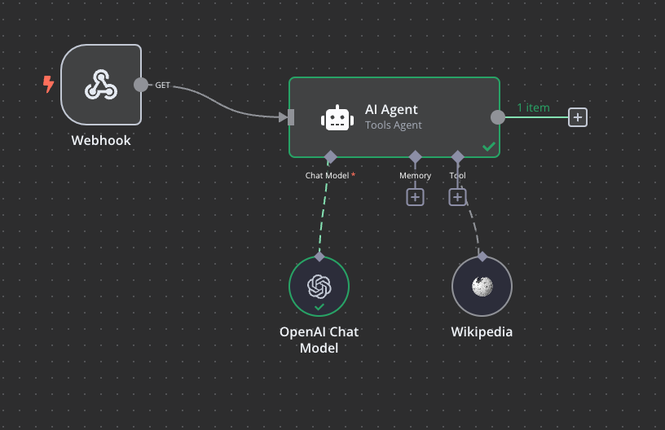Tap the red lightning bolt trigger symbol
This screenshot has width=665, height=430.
click(x=48, y=84)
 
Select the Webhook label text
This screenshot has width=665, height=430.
click(x=101, y=140)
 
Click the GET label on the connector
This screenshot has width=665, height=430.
click(x=163, y=85)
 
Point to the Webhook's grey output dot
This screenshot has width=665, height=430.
click(x=141, y=84)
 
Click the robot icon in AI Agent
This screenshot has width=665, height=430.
click(x=337, y=117)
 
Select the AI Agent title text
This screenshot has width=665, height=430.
click(x=391, y=110)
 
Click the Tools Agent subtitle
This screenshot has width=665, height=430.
click(x=394, y=125)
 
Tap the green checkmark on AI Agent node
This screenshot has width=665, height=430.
click(x=488, y=147)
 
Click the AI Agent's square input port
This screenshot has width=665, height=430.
click(x=291, y=117)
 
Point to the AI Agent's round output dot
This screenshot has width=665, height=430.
click(x=497, y=117)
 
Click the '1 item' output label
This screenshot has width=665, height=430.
click(x=533, y=107)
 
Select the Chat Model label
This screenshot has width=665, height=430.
click(x=327, y=175)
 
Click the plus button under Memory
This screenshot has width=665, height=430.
click(x=415, y=196)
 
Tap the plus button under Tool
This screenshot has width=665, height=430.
click(x=457, y=196)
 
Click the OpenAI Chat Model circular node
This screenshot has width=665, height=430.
click(x=319, y=286)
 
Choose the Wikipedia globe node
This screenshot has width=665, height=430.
click(x=482, y=286)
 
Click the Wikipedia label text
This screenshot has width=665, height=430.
click(x=482, y=332)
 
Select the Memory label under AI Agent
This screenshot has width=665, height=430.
click(x=415, y=175)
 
